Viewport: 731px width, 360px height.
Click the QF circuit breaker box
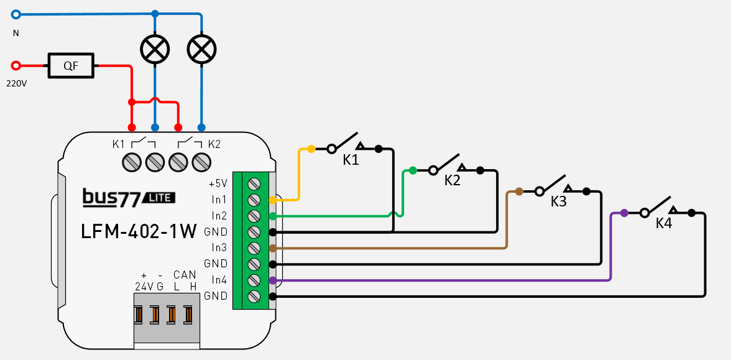[71, 65]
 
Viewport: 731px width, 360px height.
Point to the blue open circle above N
[16, 14]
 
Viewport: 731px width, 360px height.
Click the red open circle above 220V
[16, 65]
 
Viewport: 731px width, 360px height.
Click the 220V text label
[16, 83]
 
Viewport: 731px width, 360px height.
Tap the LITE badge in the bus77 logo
[159, 197]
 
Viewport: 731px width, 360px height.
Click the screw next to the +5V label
[254, 184]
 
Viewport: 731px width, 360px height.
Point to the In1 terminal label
[219, 200]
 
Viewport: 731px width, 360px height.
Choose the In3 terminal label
[219, 247]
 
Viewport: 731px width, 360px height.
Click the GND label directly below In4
[216, 295]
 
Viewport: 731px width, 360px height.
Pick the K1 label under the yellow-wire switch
[351, 160]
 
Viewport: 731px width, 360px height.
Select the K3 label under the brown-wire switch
[559, 201]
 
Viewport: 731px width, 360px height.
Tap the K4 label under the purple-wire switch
[664, 223]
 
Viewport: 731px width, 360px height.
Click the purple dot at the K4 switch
[624, 213]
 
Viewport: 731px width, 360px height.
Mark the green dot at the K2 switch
[413, 170]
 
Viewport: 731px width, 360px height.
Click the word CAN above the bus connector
[185, 275]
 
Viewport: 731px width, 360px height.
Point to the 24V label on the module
[143, 286]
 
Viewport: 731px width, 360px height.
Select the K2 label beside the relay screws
[214, 144]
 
